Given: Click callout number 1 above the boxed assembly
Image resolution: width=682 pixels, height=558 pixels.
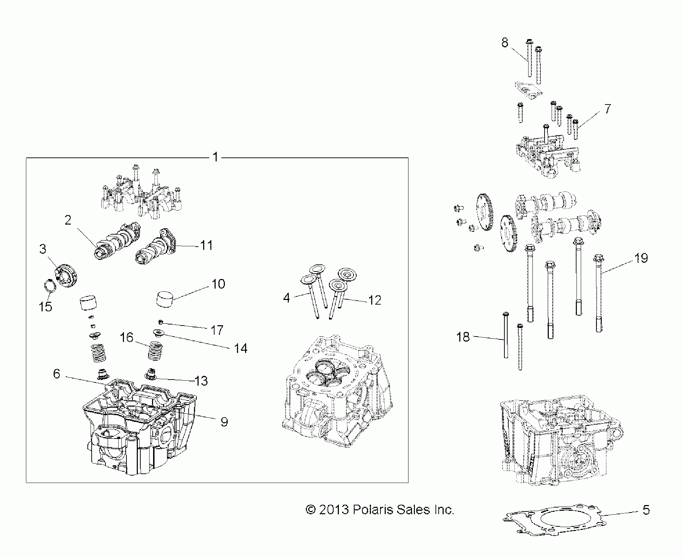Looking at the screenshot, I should point(215,157).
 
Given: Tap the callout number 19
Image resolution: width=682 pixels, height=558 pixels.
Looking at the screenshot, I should point(641,258).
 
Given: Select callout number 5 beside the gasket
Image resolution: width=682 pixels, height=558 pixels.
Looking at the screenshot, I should point(646,510).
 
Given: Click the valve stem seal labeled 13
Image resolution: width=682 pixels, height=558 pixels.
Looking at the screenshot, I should point(151,374).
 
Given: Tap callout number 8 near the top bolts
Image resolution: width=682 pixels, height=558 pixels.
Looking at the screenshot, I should point(505,43).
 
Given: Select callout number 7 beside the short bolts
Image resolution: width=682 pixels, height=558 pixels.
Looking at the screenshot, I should point(607,109).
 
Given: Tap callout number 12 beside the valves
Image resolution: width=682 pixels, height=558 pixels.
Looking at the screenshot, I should point(375,300).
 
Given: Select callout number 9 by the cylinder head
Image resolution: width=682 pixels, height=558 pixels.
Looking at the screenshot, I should point(224,422).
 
